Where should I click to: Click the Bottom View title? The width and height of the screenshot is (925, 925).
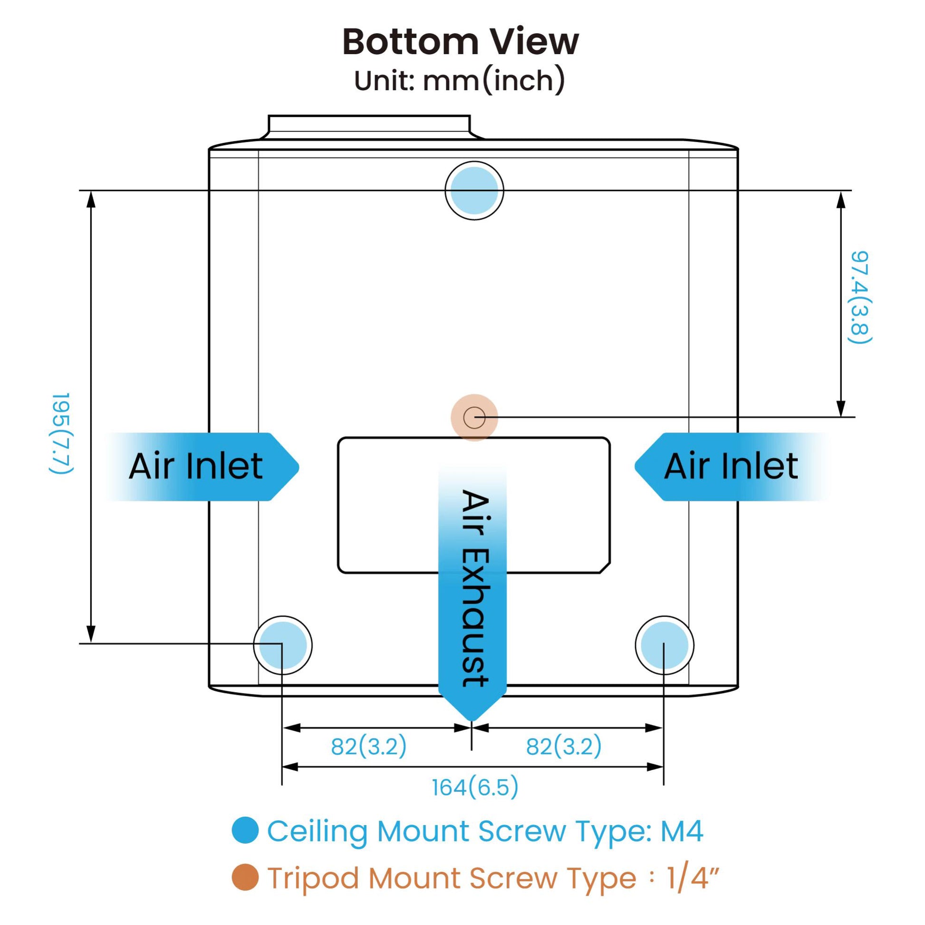[x=461, y=42]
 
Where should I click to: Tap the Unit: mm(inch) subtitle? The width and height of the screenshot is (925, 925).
[x=460, y=80]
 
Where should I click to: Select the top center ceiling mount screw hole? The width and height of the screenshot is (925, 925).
[x=474, y=191]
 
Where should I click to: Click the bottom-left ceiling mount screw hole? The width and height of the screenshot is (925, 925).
[x=282, y=646]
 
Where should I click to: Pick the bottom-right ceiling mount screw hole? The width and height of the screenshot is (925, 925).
[x=665, y=646]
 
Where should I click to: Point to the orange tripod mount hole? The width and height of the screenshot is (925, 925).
[x=474, y=417]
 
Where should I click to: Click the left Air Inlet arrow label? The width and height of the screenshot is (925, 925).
[x=196, y=466]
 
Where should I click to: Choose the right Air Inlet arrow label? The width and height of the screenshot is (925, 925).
[x=731, y=466]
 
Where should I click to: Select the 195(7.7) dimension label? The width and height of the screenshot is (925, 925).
[x=61, y=434]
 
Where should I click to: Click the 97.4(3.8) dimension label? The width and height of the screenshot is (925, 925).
[x=860, y=297]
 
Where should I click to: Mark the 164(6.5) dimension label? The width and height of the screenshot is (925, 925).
[x=475, y=788]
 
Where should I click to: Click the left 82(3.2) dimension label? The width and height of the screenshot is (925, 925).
[x=369, y=746]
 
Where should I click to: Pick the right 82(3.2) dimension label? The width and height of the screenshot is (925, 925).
[x=564, y=746]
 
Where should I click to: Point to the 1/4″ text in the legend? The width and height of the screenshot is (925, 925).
[x=693, y=877]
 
